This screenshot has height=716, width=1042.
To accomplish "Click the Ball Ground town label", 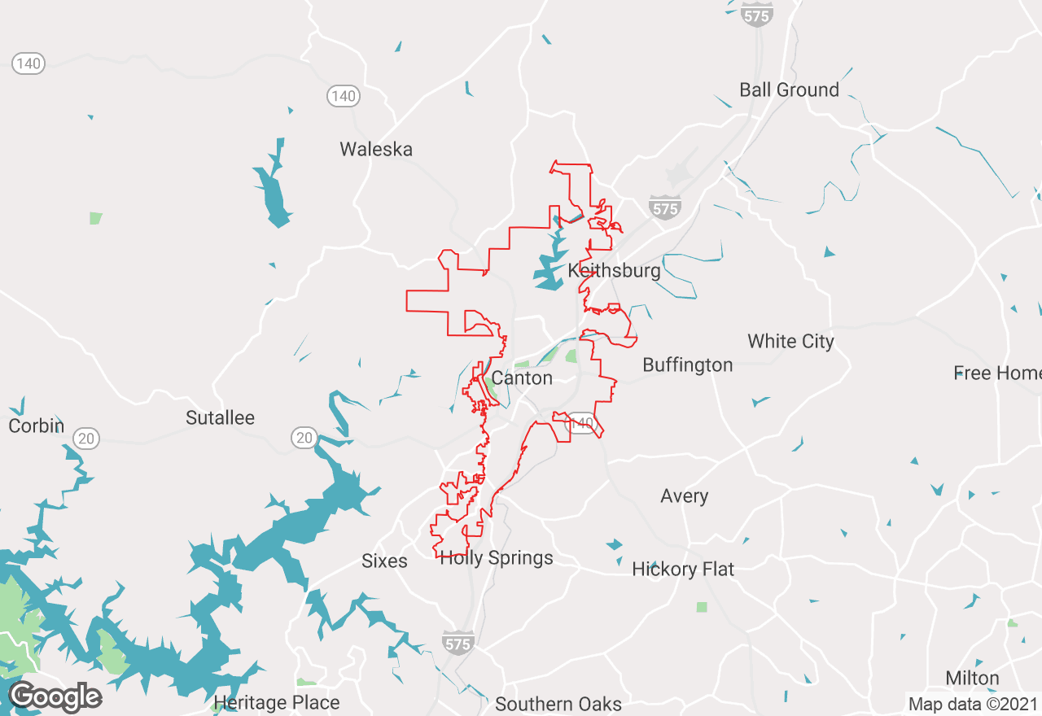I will click(789, 90).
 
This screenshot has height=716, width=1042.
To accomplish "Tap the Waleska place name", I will click(376, 150).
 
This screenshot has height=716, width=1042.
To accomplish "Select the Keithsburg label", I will click(615, 271).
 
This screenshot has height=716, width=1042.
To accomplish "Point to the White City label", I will click(790, 342).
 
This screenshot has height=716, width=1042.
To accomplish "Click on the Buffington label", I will click(688, 365).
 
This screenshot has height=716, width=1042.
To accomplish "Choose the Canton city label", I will click(522, 378).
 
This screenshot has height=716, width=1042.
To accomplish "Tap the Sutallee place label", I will click(220, 418).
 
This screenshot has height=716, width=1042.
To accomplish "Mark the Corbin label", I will click(36, 426).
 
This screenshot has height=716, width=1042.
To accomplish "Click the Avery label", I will click(684, 496).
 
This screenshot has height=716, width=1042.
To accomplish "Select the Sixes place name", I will click(384, 561).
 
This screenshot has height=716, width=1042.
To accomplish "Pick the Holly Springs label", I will click(497, 558).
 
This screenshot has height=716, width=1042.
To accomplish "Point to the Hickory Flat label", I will click(683, 570).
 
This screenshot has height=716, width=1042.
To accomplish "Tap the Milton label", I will click(972, 679).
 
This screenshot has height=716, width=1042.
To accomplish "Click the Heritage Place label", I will click(277, 702).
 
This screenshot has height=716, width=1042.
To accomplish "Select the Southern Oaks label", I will click(558, 704).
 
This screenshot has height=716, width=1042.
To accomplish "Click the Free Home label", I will click(997, 373).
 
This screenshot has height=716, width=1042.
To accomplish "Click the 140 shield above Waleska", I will click(344, 96).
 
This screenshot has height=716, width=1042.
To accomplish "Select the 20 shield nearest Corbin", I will click(85, 439).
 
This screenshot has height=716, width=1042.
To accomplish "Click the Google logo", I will click(55, 697).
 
